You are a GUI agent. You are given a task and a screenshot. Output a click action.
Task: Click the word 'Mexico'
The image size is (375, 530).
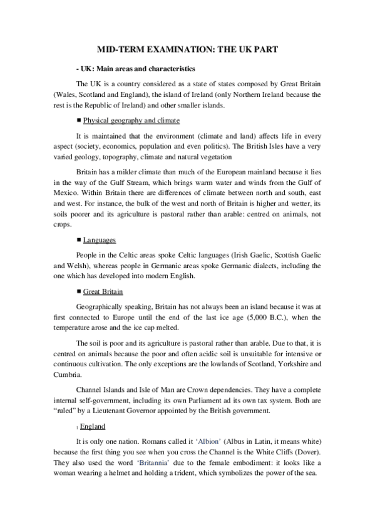pos(66,180)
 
